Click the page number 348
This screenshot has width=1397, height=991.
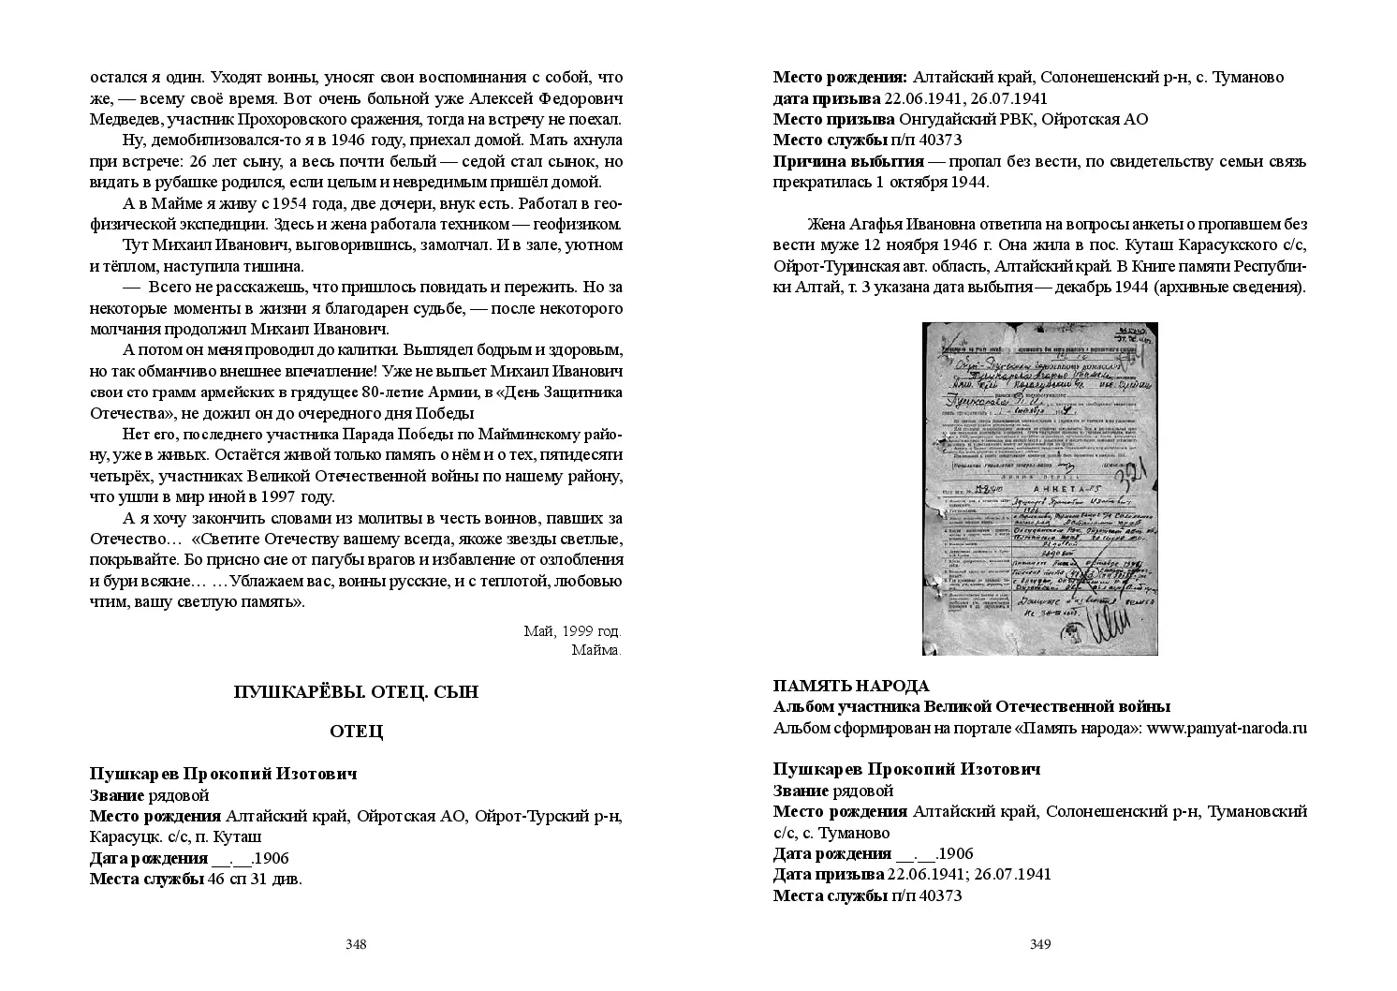coord(355,944)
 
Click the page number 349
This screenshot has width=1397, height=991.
coord(1039,944)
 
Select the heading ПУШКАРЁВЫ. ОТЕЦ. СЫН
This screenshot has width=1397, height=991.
coord(356,692)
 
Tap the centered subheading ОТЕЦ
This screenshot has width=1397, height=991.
coord(356,732)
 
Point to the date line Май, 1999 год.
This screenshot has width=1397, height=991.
coord(572,630)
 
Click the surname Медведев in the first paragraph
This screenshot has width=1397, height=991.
coord(123,119)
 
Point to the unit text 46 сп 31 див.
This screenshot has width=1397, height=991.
coord(256,879)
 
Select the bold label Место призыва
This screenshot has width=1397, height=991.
coord(833,119)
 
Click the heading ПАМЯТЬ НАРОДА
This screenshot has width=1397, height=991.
coord(851,686)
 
